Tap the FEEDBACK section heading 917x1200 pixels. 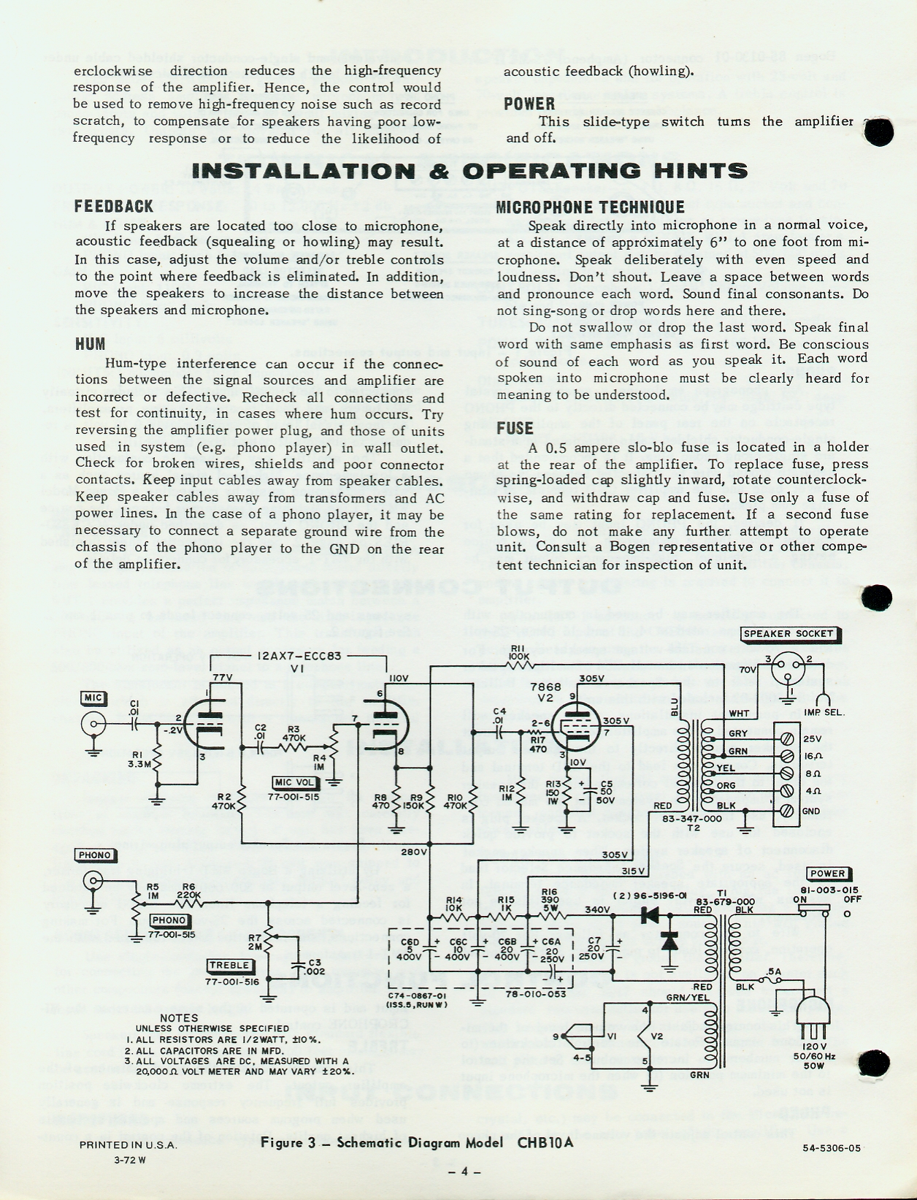point(114,207)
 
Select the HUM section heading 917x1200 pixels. point(90,344)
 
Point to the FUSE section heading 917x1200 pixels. point(515,428)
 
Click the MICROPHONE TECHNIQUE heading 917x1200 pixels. point(590,207)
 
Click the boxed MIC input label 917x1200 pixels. point(93,698)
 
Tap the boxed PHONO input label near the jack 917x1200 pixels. point(94,855)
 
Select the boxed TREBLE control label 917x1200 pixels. point(230,966)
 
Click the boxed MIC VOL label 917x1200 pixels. point(294,783)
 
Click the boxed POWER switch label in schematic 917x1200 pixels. point(827,874)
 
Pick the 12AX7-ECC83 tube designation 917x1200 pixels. point(299,656)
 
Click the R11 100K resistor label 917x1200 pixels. point(518,652)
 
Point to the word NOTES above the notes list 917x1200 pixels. point(178,1017)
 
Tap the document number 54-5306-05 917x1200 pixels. point(832,1147)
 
